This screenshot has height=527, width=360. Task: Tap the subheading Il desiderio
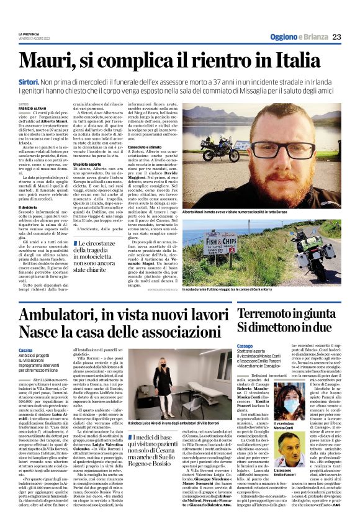pos(29,206)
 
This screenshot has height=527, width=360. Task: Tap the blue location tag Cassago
pos(227,345)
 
